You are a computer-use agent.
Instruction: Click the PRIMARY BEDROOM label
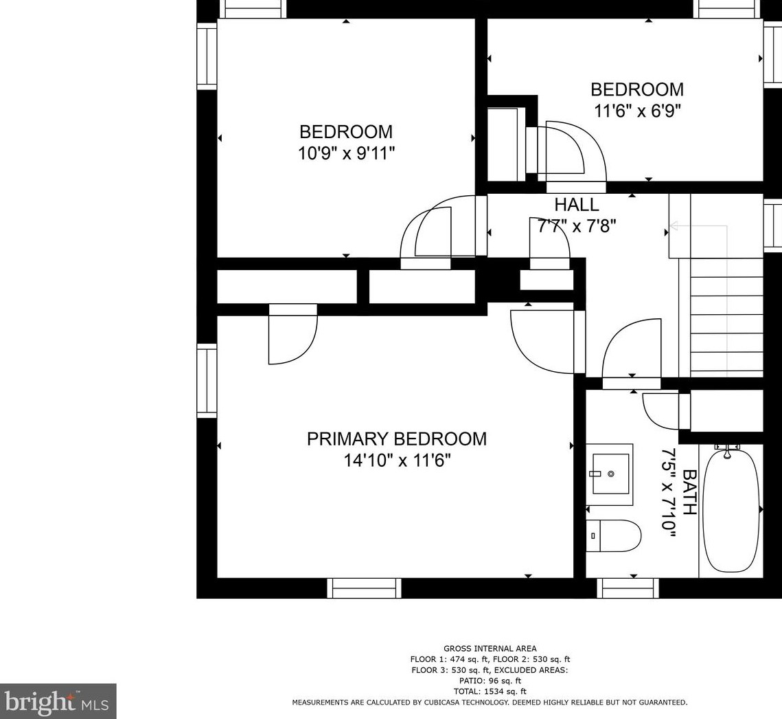396,439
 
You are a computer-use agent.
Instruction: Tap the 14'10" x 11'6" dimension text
397,461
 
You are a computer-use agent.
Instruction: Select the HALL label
577,205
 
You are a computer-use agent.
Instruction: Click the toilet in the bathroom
613,535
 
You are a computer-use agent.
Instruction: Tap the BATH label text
689,492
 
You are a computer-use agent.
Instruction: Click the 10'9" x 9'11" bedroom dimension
346,153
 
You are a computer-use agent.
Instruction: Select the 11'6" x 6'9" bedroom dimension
637,111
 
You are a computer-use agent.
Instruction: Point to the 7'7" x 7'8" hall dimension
577,226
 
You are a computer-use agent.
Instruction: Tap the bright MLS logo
58,702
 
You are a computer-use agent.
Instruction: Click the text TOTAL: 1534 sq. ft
490,692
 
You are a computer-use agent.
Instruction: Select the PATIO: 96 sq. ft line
490,681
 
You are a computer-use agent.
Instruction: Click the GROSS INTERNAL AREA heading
490,649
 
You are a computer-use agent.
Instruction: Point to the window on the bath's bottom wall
628,588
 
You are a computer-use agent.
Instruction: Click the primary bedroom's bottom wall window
364,588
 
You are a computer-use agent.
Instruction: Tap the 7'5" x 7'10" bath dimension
668,492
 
